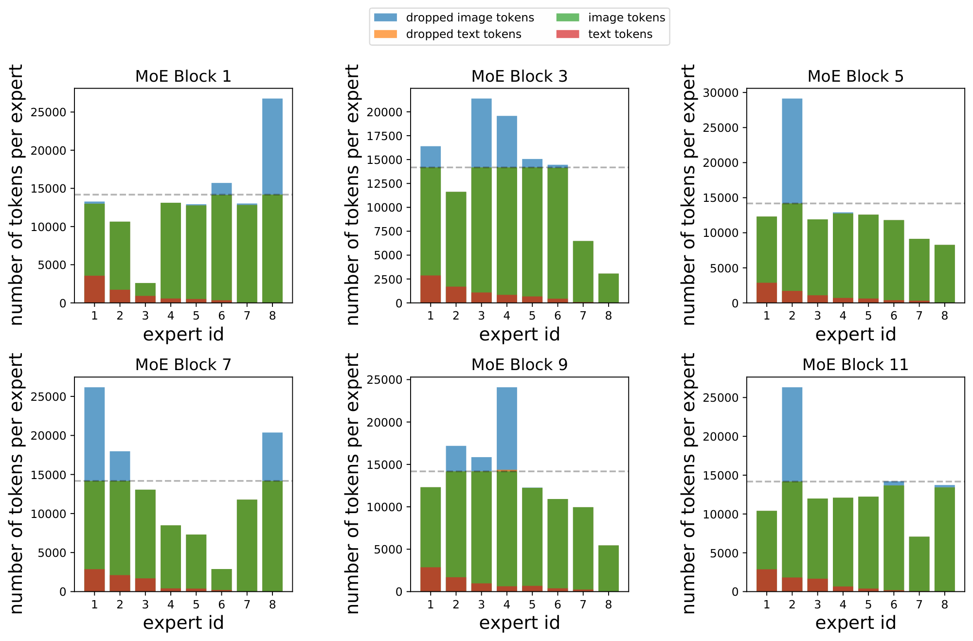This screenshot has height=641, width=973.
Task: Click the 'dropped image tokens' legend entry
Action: pos(469,18)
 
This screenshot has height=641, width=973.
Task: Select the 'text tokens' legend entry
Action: pos(620,35)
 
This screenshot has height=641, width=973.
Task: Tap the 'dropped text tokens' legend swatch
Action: pos(385,35)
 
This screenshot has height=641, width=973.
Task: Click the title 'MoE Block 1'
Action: pos(183,76)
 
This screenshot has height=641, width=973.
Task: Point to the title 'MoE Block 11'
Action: pos(855,365)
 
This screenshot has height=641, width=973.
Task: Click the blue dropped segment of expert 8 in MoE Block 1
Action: pos(272,146)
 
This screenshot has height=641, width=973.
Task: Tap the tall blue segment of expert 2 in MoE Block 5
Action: pos(792,151)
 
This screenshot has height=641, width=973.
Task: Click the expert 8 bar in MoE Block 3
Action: pos(608,288)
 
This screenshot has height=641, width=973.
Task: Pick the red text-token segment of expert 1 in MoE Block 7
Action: pos(94,580)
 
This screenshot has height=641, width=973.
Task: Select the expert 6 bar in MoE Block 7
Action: pos(221,580)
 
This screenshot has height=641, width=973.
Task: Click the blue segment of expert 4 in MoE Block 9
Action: pos(506,428)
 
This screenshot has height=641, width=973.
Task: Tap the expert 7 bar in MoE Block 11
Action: pos(919,564)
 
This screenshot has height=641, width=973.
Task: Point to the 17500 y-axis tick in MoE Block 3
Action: pos(385,136)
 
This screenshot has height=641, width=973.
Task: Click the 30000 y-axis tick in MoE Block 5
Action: pos(721,93)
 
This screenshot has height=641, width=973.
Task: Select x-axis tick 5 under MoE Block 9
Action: pos(532,605)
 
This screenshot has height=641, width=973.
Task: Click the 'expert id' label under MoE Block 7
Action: pos(183,623)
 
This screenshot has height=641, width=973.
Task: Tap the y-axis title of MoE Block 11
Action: pos(689,483)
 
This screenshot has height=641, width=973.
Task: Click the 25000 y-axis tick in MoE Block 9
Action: pos(384,380)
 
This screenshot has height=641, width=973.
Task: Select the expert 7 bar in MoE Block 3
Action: pos(583,272)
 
